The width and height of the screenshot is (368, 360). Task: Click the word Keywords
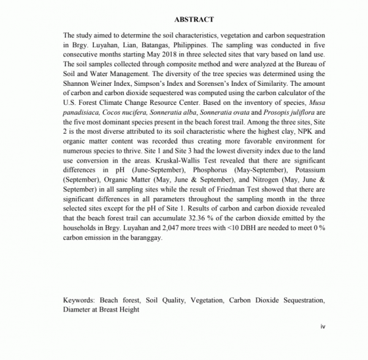click(79, 301)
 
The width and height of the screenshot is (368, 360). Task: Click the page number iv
click(323, 326)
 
